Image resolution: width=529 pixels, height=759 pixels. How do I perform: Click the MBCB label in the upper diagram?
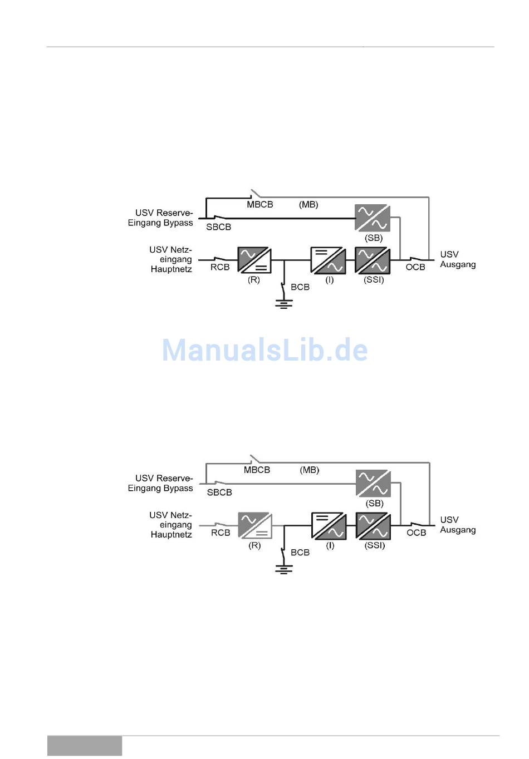click(x=260, y=205)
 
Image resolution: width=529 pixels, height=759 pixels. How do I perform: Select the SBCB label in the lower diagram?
click(x=219, y=492)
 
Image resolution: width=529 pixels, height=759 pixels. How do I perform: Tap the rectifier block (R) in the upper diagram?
click(x=254, y=260)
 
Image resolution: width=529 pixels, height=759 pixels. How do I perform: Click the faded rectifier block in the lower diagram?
click(x=255, y=525)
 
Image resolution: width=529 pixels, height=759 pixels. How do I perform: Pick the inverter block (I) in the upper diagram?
click(x=328, y=260)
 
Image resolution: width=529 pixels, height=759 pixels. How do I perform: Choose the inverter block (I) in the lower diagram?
click(x=329, y=525)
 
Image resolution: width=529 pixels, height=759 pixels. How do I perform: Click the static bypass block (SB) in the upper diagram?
click(x=373, y=218)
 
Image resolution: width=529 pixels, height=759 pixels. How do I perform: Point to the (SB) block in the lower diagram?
click(x=374, y=484)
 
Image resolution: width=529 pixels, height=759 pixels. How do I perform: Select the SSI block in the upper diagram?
click(x=373, y=260)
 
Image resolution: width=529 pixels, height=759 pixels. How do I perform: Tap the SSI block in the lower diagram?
click(x=374, y=525)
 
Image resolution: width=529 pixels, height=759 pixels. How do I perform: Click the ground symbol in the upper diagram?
click(x=284, y=304)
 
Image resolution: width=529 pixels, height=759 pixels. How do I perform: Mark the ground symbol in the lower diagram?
click(x=284, y=569)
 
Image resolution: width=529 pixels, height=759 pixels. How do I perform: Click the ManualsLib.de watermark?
click(x=265, y=350)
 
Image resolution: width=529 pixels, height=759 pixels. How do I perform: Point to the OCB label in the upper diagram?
click(x=415, y=268)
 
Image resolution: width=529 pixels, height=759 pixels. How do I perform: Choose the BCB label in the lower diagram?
click(x=300, y=553)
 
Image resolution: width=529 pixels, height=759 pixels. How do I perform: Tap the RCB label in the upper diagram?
click(x=220, y=268)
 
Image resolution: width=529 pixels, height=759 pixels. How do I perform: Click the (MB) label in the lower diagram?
click(x=310, y=470)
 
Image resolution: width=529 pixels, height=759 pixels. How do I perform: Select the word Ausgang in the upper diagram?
click(x=458, y=264)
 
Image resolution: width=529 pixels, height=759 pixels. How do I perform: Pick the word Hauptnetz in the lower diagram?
click(x=171, y=535)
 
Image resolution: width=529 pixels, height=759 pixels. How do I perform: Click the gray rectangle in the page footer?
click(x=85, y=746)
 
